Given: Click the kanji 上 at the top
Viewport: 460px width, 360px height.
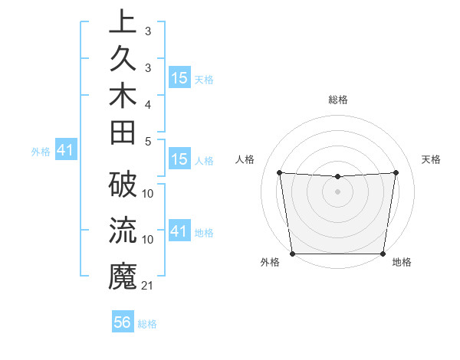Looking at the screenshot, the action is tap(122, 22).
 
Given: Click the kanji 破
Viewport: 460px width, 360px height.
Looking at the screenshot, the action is tap(122, 185).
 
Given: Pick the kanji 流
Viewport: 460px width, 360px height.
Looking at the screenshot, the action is tap(122, 230).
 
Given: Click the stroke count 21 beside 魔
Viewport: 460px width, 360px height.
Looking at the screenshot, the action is tap(148, 286).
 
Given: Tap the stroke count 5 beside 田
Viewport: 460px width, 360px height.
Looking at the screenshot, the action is tap(148, 141).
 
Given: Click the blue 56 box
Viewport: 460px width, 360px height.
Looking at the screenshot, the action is tap(123, 322).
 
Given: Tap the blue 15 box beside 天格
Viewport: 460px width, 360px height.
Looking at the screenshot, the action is tap(179, 78).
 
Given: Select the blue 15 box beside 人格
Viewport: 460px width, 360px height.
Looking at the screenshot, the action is tap(179, 159).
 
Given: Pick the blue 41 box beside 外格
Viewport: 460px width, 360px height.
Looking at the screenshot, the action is tap(65, 150).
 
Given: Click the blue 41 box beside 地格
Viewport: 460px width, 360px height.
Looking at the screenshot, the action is tap(179, 231).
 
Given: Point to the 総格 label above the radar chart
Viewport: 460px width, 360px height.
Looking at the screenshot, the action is tap(338, 100).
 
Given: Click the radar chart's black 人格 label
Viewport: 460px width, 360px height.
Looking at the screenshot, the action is tap(245, 159).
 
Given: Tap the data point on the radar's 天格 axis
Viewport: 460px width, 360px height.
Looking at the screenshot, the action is tap(396, 172).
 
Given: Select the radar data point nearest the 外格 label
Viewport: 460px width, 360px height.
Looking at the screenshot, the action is tap(293, 253).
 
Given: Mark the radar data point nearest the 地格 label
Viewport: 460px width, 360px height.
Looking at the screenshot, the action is tap(383, 254).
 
